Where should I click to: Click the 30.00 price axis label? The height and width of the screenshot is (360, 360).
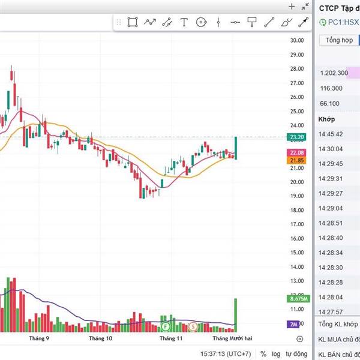[297, 40]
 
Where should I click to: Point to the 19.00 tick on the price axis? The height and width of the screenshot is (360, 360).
[297, 196]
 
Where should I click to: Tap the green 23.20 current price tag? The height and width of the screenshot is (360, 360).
[297, 137]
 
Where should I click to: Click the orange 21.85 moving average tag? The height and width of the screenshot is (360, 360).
[297, 161]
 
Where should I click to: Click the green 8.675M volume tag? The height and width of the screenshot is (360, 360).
[298, 298]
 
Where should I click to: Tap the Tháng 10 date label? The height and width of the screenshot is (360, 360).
[100, 338]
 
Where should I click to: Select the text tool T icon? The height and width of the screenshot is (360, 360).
[184, 23]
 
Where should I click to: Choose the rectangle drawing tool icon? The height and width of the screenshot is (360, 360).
[132, 23]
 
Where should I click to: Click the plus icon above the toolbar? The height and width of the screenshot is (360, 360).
[292, 7]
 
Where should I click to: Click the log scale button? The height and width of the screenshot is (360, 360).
[276, 354]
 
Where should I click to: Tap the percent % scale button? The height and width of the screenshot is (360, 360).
[263, 354]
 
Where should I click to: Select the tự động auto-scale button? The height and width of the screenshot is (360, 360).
[296, 354]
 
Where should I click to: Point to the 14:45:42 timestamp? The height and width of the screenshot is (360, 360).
[331, 134]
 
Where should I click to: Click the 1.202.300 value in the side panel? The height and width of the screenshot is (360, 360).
[334, 73]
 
